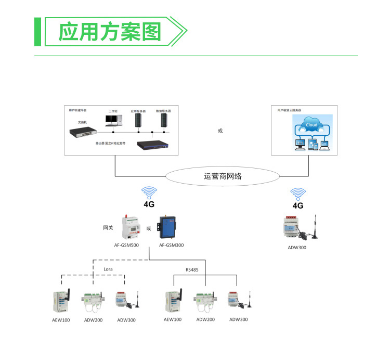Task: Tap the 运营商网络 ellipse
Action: [x=223, y=176]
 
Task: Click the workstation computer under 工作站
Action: [x=113, y=121]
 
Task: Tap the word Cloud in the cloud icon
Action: [x=311, y=125]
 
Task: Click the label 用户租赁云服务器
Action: [x=289, y=110]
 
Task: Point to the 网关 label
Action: [x=108, y=228]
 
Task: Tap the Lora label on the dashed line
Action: [x=108, y=269]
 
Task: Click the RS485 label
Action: [x=192, y=269]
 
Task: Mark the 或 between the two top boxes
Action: [x=220, y=131]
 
